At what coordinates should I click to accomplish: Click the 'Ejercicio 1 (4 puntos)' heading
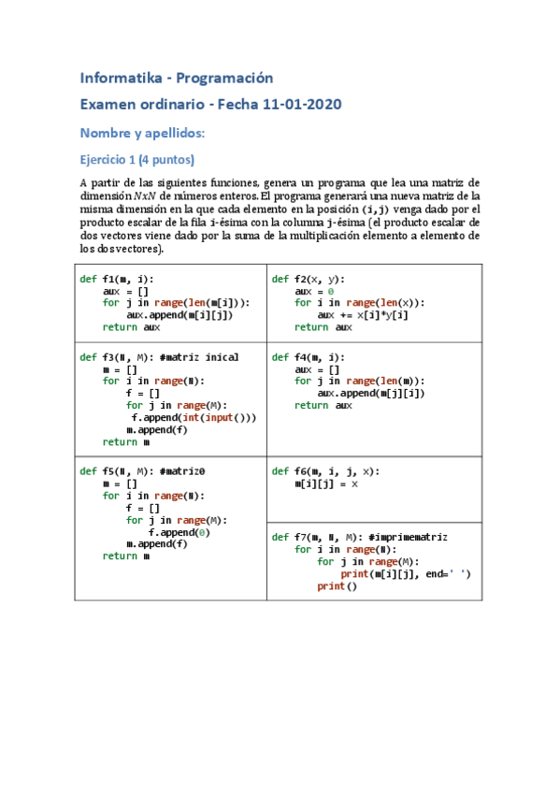[x=136, y=159]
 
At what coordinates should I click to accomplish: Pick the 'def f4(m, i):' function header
[x=309, y=357]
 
